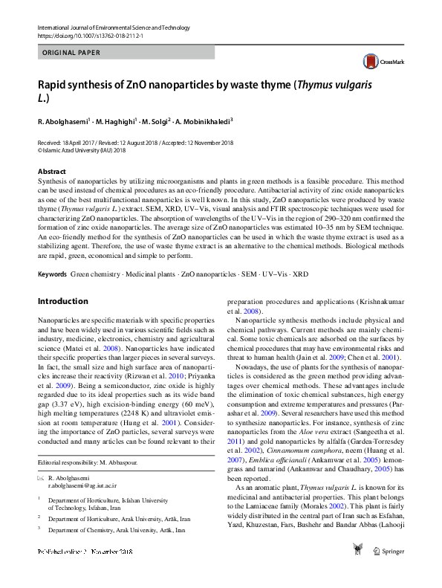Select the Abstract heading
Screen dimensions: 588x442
click(x=51, y=171)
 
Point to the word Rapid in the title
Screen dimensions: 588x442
click(x=53, y=84)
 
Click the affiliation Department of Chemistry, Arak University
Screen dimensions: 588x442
click(x=117, y=531)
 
